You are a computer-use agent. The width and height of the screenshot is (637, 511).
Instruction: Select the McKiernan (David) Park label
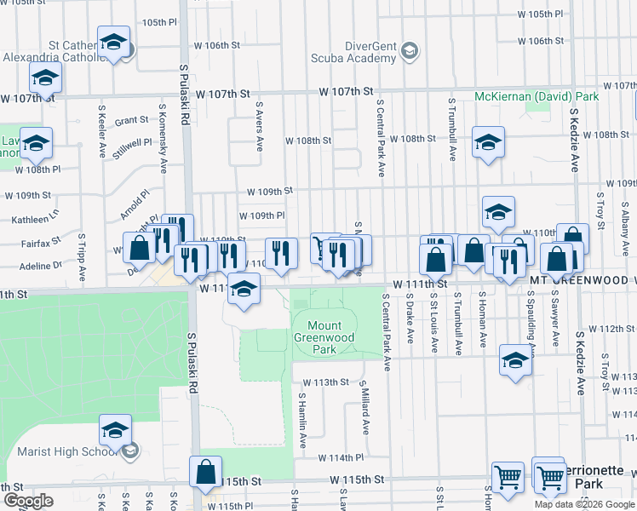(x=537, y=96)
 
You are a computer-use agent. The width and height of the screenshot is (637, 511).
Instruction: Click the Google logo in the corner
(x=27, y=501)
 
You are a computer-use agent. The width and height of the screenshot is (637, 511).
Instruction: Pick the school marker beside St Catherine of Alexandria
(x=113, y=43)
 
